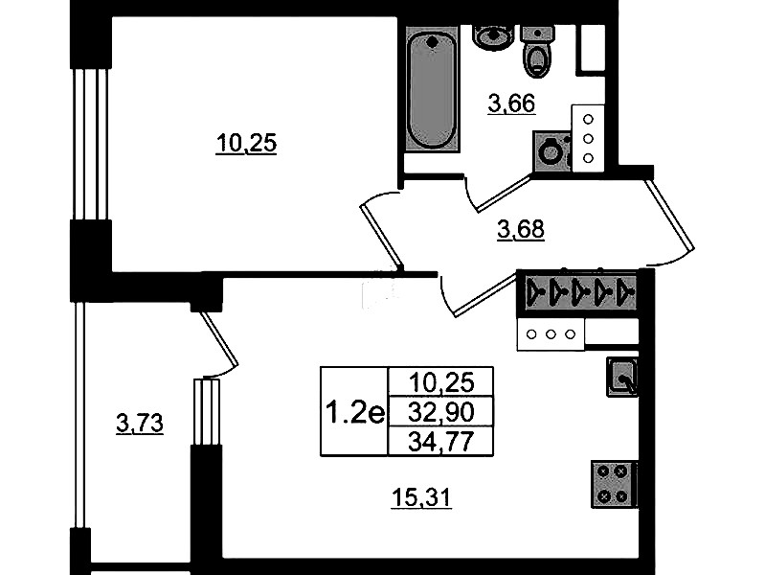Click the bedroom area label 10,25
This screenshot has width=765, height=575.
click(x=246, y=144)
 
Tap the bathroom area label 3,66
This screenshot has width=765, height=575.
click(x=512, y=103)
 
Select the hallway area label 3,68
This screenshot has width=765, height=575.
click(x=521, y=229)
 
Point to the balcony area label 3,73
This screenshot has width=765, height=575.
click(x=140, y=423)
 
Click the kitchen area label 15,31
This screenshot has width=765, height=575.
click(x=422, y=498)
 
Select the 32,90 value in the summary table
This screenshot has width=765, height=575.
click(x=440, y=413)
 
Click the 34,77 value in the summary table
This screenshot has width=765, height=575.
click(x=440, y=442)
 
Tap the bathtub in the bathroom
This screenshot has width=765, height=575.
click(x=432, y=89)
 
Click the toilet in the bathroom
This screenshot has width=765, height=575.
click(x=537, y=53)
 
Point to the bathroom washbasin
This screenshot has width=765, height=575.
click(x=493, y=36)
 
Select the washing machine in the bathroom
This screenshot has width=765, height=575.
click(x=552, y=151)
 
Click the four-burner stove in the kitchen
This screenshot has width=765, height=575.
click(x=614, y=484)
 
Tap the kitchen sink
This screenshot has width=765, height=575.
click(x=622, y=377)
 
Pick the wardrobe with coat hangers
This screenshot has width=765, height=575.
click(x=577, y=292)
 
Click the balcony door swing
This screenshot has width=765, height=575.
click(x=219, y=344)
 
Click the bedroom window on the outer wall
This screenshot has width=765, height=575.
click(x=91, y=144)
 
